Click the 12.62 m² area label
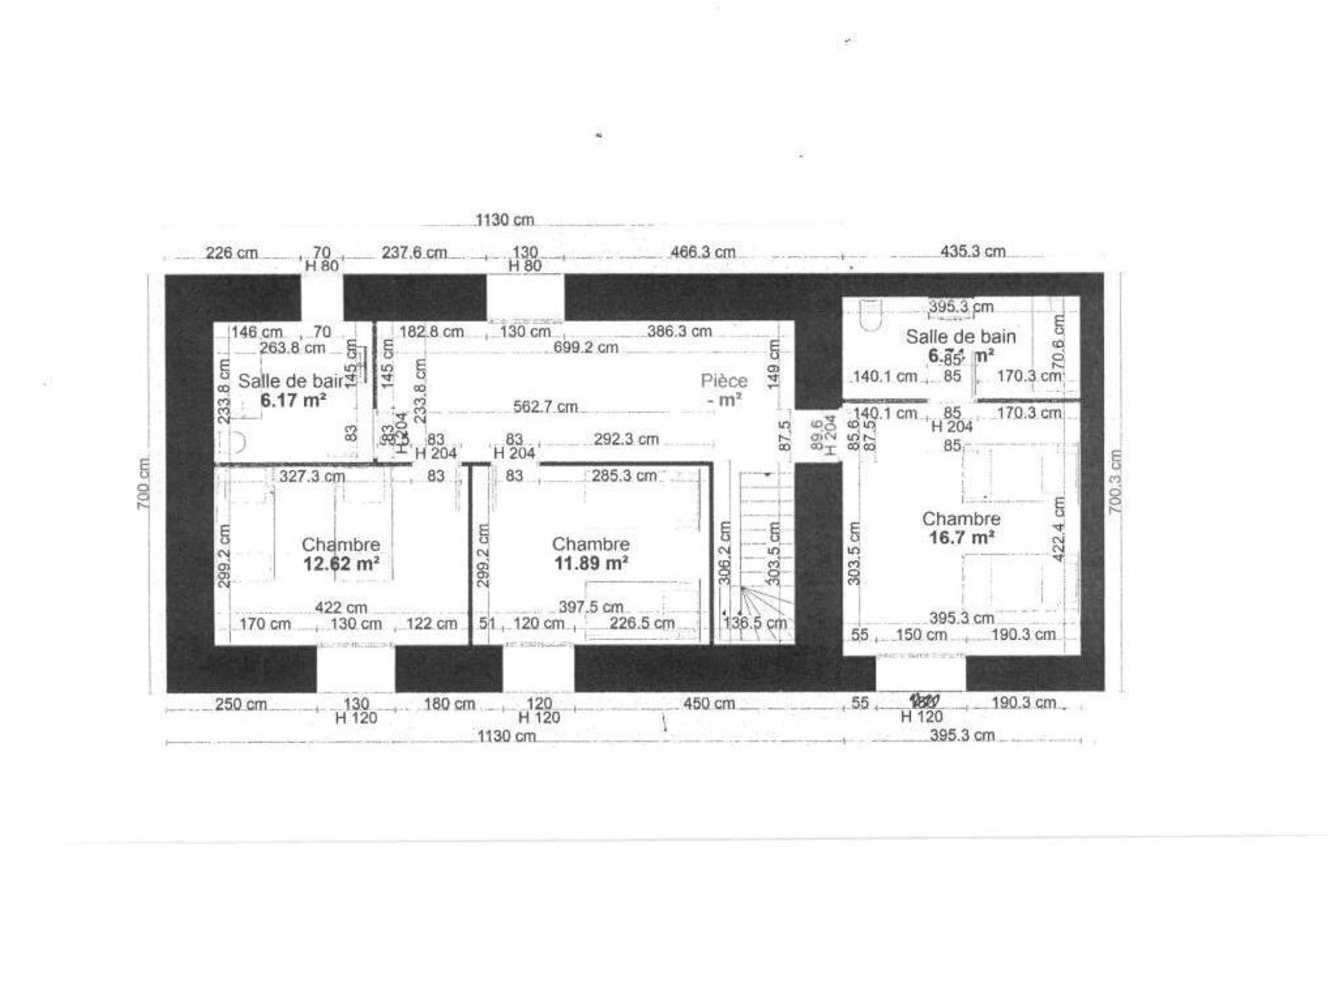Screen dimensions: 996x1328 click(x=340, y=564)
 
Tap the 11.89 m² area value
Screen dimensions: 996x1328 click(x=591, y=563)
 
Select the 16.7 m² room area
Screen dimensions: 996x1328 click(x=961, y=537)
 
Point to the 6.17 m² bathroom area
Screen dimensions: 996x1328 click(x=293, y=401)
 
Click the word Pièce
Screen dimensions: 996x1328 click(x=724, y=381)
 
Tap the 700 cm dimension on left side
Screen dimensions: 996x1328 click(x=143, y=484)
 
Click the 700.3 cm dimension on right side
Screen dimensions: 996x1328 click(x=1115, y=481)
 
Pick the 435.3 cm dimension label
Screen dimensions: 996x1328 click(x=973, y=252)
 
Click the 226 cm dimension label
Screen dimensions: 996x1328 click(x=231, y=253)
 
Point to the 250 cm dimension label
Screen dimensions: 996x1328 click(x=241, y=704)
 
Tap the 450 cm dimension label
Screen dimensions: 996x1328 click(x=709, y=704)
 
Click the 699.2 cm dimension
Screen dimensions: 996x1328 click(x=585, y=347)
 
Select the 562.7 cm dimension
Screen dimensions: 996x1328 click(x=545, y=407)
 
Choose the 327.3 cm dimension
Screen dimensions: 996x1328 click(x=312, y=476)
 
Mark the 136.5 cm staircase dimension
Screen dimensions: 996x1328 click(x=755, y=623)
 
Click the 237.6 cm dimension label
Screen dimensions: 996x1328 click(x=414, y=253)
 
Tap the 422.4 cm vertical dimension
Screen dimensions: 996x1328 click(x=1059, y=529)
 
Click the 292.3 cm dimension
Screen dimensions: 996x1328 click(x=626, y=439)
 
